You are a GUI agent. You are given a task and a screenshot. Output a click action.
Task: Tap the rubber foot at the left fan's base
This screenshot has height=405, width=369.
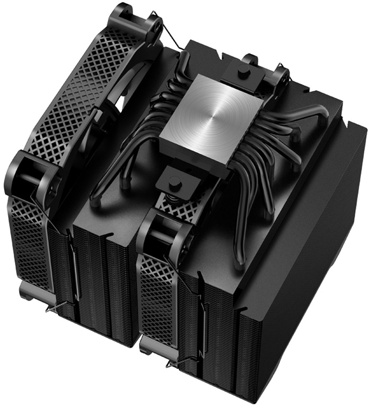click(x=27, y=289)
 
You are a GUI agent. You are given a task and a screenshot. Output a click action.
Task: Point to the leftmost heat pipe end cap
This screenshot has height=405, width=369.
click(x=95, y=202)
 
